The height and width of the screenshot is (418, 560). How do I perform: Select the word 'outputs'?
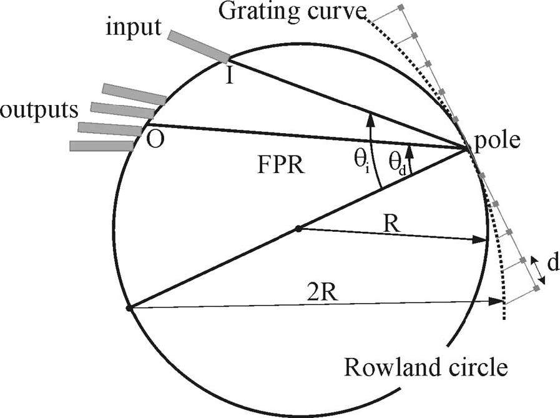click(x=39, y=110)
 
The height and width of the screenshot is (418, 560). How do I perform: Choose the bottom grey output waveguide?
click(x=101, y=146)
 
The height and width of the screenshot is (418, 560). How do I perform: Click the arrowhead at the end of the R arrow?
click(x=481, y=239)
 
